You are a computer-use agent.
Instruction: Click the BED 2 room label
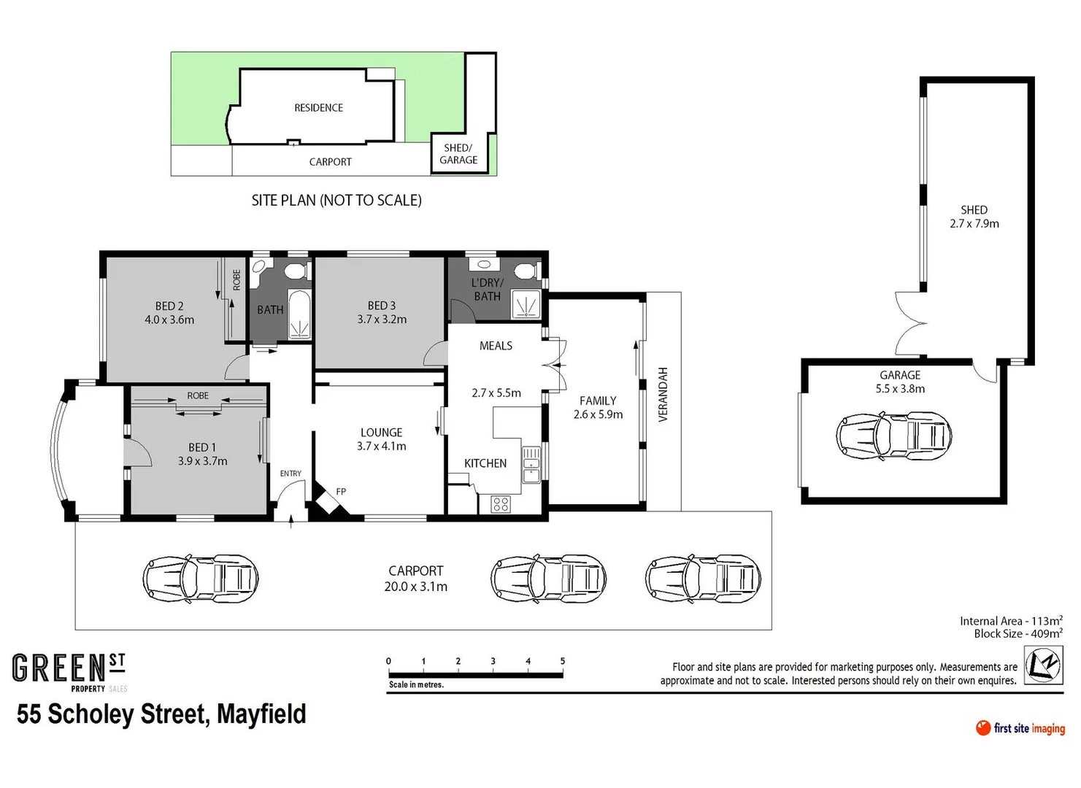pos(169,306)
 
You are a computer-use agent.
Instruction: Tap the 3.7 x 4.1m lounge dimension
pos(381,447)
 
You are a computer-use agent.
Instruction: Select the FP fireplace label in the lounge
pos(341,492)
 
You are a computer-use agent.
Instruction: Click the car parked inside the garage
pos(893,436)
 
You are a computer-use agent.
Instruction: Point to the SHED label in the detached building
pos(974,210)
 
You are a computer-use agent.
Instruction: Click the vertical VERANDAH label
pos(663,394)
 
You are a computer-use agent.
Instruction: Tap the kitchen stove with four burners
pos(500,503)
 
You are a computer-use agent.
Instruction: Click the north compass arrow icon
pos(1042,665)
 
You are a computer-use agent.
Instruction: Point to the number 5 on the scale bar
pos(562,661)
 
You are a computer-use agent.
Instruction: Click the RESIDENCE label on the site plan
pos(318,108)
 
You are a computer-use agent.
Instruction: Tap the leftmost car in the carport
pos(200,579)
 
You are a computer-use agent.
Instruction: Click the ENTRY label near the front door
pos(291,474)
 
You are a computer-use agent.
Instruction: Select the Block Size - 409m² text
pos(1017,633)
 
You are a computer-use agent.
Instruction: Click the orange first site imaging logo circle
pos(983,727)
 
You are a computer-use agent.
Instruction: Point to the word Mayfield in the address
pos(261,714)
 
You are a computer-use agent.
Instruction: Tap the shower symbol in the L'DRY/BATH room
pos(526,304)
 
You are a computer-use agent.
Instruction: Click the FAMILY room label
pos(598,401)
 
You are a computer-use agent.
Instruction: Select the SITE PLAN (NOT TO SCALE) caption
pos(336,201)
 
